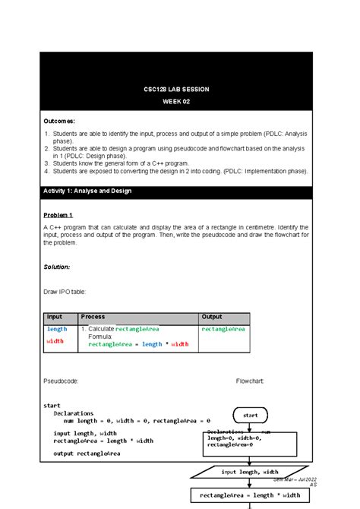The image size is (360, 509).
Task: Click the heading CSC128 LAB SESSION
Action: (x=175, y=90)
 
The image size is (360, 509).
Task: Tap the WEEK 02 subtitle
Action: (x=175, y=103)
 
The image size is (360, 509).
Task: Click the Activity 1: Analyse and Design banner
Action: (x=88, y=191)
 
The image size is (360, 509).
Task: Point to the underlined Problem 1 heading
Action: (x=58, y=215)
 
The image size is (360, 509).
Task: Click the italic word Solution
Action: (x=57, y=267)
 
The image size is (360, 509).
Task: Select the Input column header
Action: (x=55, y=317)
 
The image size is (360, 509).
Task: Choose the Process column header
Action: (x=93, y=317)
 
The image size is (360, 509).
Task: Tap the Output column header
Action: (x=213, y=317)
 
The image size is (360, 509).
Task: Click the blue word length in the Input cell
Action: (x=57, y=329)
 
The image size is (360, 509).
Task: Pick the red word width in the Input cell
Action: (x=55, y=341)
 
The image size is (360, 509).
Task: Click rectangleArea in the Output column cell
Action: (x=223, y=329)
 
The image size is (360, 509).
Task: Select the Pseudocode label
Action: (x=60, y=381)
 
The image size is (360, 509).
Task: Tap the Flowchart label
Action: (x=250, y=381)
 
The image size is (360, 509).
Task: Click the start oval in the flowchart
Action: (x=250, y=416)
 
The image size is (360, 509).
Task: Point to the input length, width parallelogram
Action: (x=250, y=472)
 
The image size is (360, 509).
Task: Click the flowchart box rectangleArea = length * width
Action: (x=250, y=495)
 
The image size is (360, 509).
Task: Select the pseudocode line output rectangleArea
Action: (x=87, y=454)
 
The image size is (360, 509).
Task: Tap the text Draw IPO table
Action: (x=65, y=291)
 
